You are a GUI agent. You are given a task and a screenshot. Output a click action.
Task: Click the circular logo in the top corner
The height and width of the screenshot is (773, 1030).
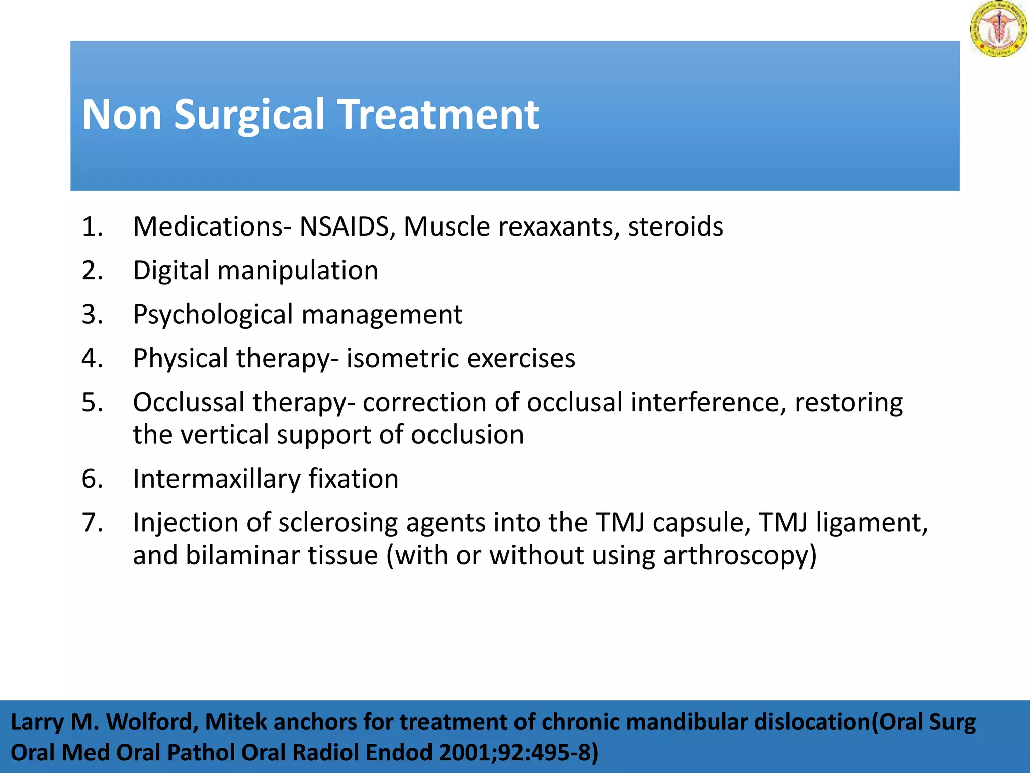click(998, 28)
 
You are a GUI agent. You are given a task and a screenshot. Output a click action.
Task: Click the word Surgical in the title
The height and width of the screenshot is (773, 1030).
click(249, 115)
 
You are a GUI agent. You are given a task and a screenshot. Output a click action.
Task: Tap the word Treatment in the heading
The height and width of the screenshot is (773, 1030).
click(439, 115)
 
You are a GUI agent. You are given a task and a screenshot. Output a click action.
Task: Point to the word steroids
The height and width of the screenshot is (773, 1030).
click(675, 226)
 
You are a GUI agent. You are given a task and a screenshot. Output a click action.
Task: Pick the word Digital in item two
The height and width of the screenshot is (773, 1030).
click(171, 271)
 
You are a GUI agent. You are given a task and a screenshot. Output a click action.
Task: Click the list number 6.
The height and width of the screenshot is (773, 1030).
click(92, 479)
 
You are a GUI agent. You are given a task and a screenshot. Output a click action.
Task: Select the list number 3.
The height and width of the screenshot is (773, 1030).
click(92, 315)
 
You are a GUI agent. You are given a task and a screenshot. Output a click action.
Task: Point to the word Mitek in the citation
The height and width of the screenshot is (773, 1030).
click(236, 723)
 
